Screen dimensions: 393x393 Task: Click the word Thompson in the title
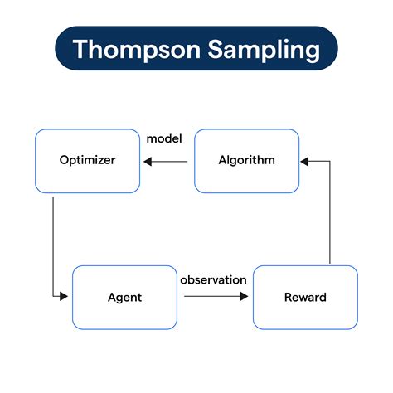point(136,49)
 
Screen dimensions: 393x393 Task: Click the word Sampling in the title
point(264,50)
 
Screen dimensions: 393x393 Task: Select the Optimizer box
point(88,161)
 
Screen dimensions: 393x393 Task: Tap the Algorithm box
point(247,161)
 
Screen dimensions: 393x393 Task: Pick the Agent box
point(124,298)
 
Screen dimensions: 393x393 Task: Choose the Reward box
point(305,298)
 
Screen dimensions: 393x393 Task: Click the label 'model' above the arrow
point(164,138)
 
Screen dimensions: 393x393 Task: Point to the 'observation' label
point(213,280)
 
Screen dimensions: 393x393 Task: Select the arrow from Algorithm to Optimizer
point(166,162)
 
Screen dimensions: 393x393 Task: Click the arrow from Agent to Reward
point(216,296)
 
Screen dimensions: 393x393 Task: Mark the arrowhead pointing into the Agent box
point(64,296)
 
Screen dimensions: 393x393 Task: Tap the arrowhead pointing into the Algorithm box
point(304,162)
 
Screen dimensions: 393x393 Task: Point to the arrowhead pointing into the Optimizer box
point(148,162)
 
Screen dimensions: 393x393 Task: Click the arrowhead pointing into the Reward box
point(244,296)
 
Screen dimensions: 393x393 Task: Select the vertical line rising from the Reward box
point(330,212)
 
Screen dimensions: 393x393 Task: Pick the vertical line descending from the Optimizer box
point(53,246)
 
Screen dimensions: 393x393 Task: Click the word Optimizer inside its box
point(87,160)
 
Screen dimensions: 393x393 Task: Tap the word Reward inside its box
point(305,298)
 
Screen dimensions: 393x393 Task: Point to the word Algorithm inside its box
point(246,160)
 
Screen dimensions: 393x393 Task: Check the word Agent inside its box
point(124,298)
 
